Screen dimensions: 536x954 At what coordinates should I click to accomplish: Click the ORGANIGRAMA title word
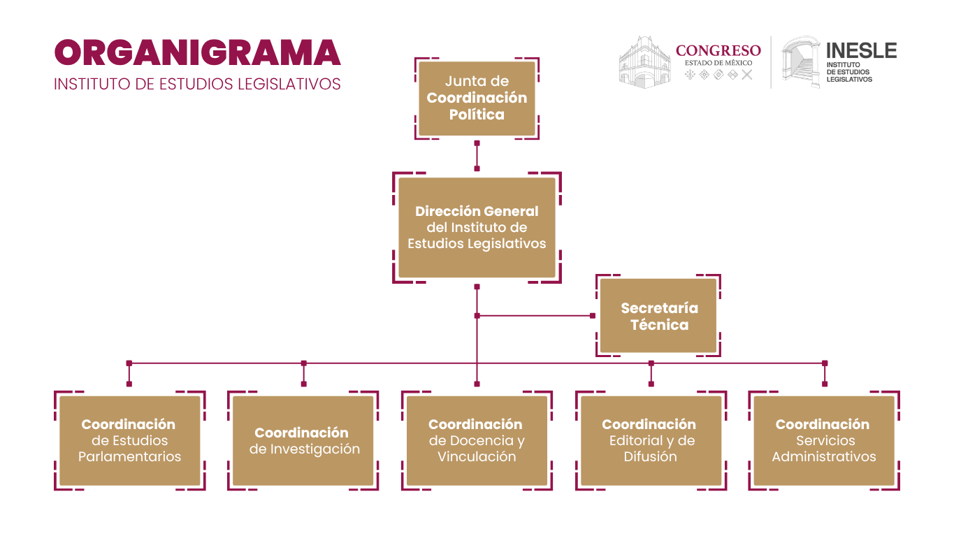(x=197, y=54)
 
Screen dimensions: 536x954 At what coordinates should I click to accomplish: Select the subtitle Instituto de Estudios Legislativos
(x=197, y=84)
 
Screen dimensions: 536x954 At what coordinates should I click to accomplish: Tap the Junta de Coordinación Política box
(x=477, y=99)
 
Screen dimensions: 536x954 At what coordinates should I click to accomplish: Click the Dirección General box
(x=477, y=227)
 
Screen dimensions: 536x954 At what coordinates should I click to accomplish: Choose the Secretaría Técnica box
(x=659, y=316)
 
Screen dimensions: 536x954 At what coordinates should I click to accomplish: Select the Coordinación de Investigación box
(x=303, y=440)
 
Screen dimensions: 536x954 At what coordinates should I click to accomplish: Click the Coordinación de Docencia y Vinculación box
(x=477, y=440)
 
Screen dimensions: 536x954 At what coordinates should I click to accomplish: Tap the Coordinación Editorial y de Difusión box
(x=651, y=440)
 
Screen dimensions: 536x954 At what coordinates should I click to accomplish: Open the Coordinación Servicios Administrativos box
(x=824, y=440)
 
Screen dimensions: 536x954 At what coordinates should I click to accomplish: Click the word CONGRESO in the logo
(x=718, y=50)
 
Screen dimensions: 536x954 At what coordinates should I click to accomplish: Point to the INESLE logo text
(x=861, y=50)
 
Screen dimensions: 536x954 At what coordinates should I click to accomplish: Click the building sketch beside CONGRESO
(x=644, y=62)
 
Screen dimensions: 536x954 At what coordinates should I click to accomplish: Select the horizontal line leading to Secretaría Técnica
(x=535, y=316)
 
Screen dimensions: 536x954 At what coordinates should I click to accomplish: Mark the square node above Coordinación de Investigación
(x=303, y=363)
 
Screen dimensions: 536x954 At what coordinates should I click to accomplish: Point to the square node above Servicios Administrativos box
(x=825, y=363)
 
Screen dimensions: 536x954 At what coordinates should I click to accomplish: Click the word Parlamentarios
(x=130, y=457)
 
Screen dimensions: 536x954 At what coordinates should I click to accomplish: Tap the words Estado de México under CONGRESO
(x=718, y=63)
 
